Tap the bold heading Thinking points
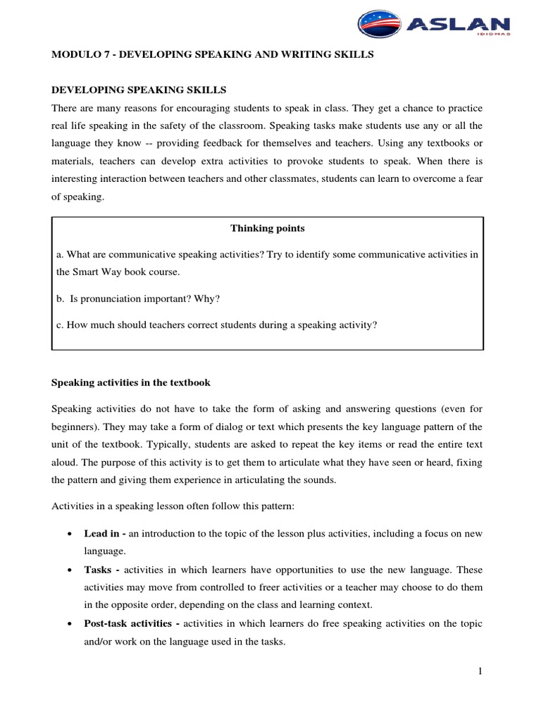tap(268, 228)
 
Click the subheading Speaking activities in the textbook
tap(131, 383)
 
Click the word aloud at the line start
tap(65, 464)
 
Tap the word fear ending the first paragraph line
tap(473, 180)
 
